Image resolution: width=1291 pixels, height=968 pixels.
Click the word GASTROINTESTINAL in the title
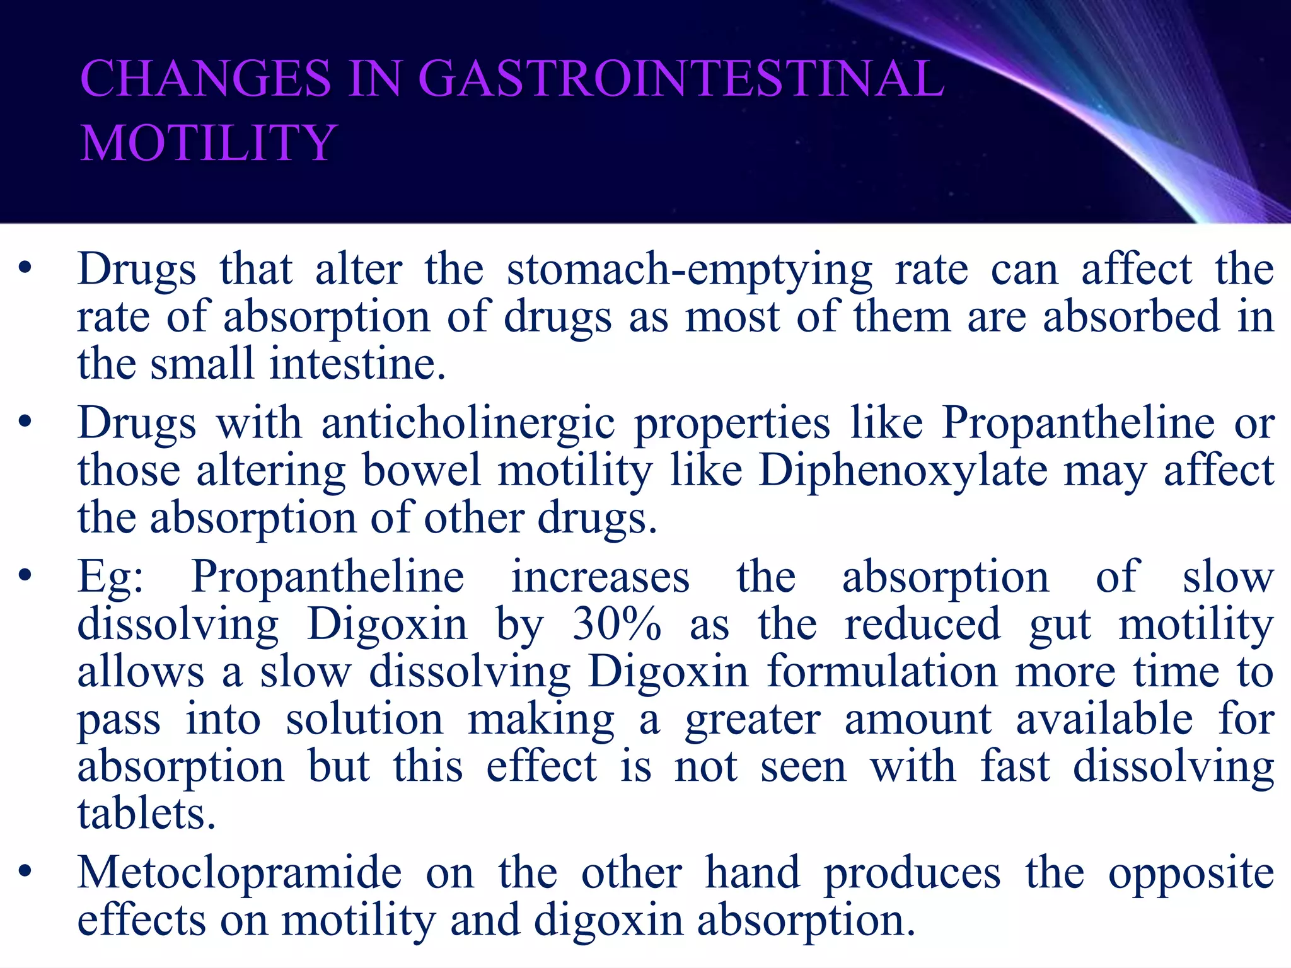pos(681,78)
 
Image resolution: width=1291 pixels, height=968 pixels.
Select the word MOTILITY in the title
pos(209,143)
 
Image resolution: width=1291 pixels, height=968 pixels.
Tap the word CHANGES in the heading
pos(206,78)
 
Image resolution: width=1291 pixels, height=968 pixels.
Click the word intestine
pos(357,364)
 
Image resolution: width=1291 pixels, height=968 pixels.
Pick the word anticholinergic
pos(468,423)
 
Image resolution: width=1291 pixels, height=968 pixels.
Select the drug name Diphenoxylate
pos(903,471)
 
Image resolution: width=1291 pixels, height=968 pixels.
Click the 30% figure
pos(617,625)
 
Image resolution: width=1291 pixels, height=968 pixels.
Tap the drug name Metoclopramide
pos(240,873)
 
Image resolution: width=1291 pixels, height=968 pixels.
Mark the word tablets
pos(146,814)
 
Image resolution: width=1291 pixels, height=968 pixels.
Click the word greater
pos(753,720)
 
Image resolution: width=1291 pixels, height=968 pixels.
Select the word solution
pos(364,719)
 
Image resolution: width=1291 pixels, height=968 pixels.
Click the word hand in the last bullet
pos(752,873)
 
